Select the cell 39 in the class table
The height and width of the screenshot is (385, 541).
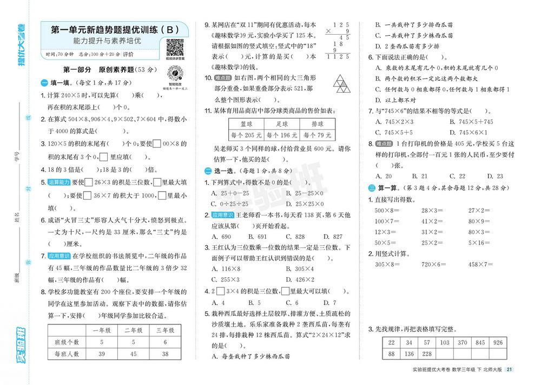102,354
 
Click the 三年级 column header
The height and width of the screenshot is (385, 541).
165,330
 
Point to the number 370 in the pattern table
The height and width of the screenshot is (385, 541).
462,342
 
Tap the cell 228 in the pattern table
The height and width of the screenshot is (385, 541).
427,354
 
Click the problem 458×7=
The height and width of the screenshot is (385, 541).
481,264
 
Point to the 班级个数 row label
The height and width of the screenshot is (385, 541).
67,342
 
